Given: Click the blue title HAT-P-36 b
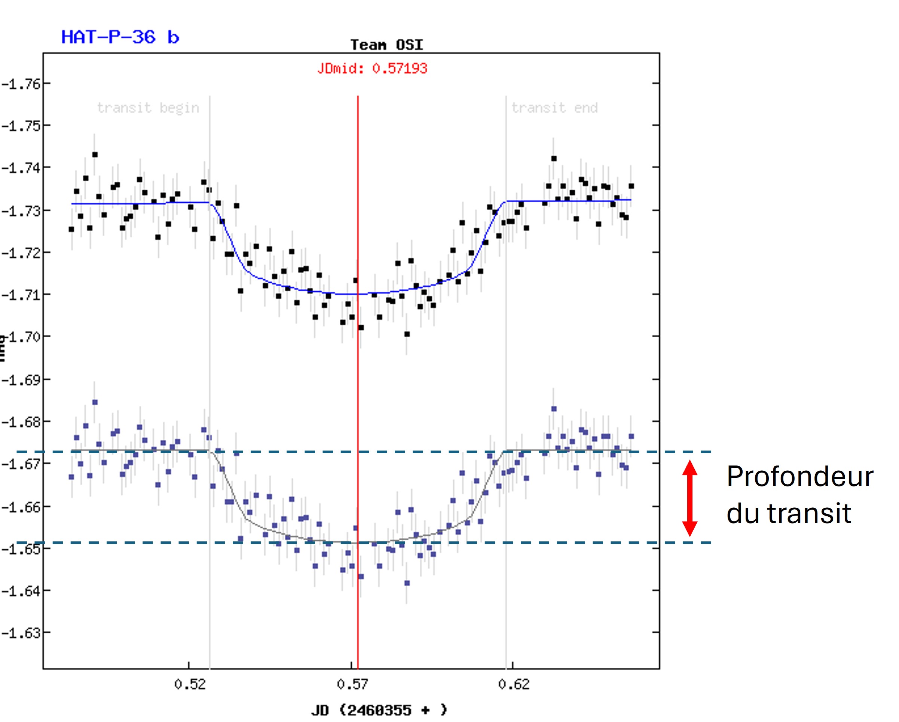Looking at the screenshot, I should [x=120, y=37].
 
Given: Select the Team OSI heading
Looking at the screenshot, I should [x=386, y=45].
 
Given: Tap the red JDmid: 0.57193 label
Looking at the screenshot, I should [x=372, y=68].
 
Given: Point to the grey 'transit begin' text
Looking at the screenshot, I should [x=148, y=108].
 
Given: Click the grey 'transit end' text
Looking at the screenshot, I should [x=554, y=108].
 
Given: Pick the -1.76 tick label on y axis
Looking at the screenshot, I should [x=21, y=84].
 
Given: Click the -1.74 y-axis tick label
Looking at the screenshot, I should [x=21, y=168].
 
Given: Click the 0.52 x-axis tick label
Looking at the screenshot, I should [x=190, y=684].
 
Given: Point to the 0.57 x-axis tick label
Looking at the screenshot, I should [x=352, y=684].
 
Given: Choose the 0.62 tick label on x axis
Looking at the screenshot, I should [x=514, y=684].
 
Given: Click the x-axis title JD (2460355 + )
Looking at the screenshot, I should [x=379, y=710].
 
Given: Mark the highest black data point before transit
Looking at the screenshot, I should [x=95, y=154].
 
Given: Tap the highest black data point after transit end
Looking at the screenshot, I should [x=554, y=158].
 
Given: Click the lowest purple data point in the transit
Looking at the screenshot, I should [x=407, y=583].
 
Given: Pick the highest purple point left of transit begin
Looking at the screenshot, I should [x=95, y=402].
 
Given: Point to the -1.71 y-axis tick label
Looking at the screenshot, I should [x=21, y=295].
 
